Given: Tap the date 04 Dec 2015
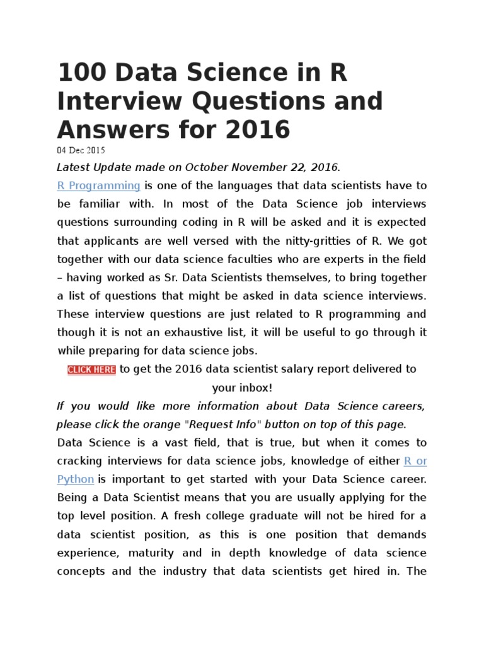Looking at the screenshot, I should point(81,151).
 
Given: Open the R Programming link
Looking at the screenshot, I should point(99,185).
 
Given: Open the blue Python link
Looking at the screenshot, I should point(76,479).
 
